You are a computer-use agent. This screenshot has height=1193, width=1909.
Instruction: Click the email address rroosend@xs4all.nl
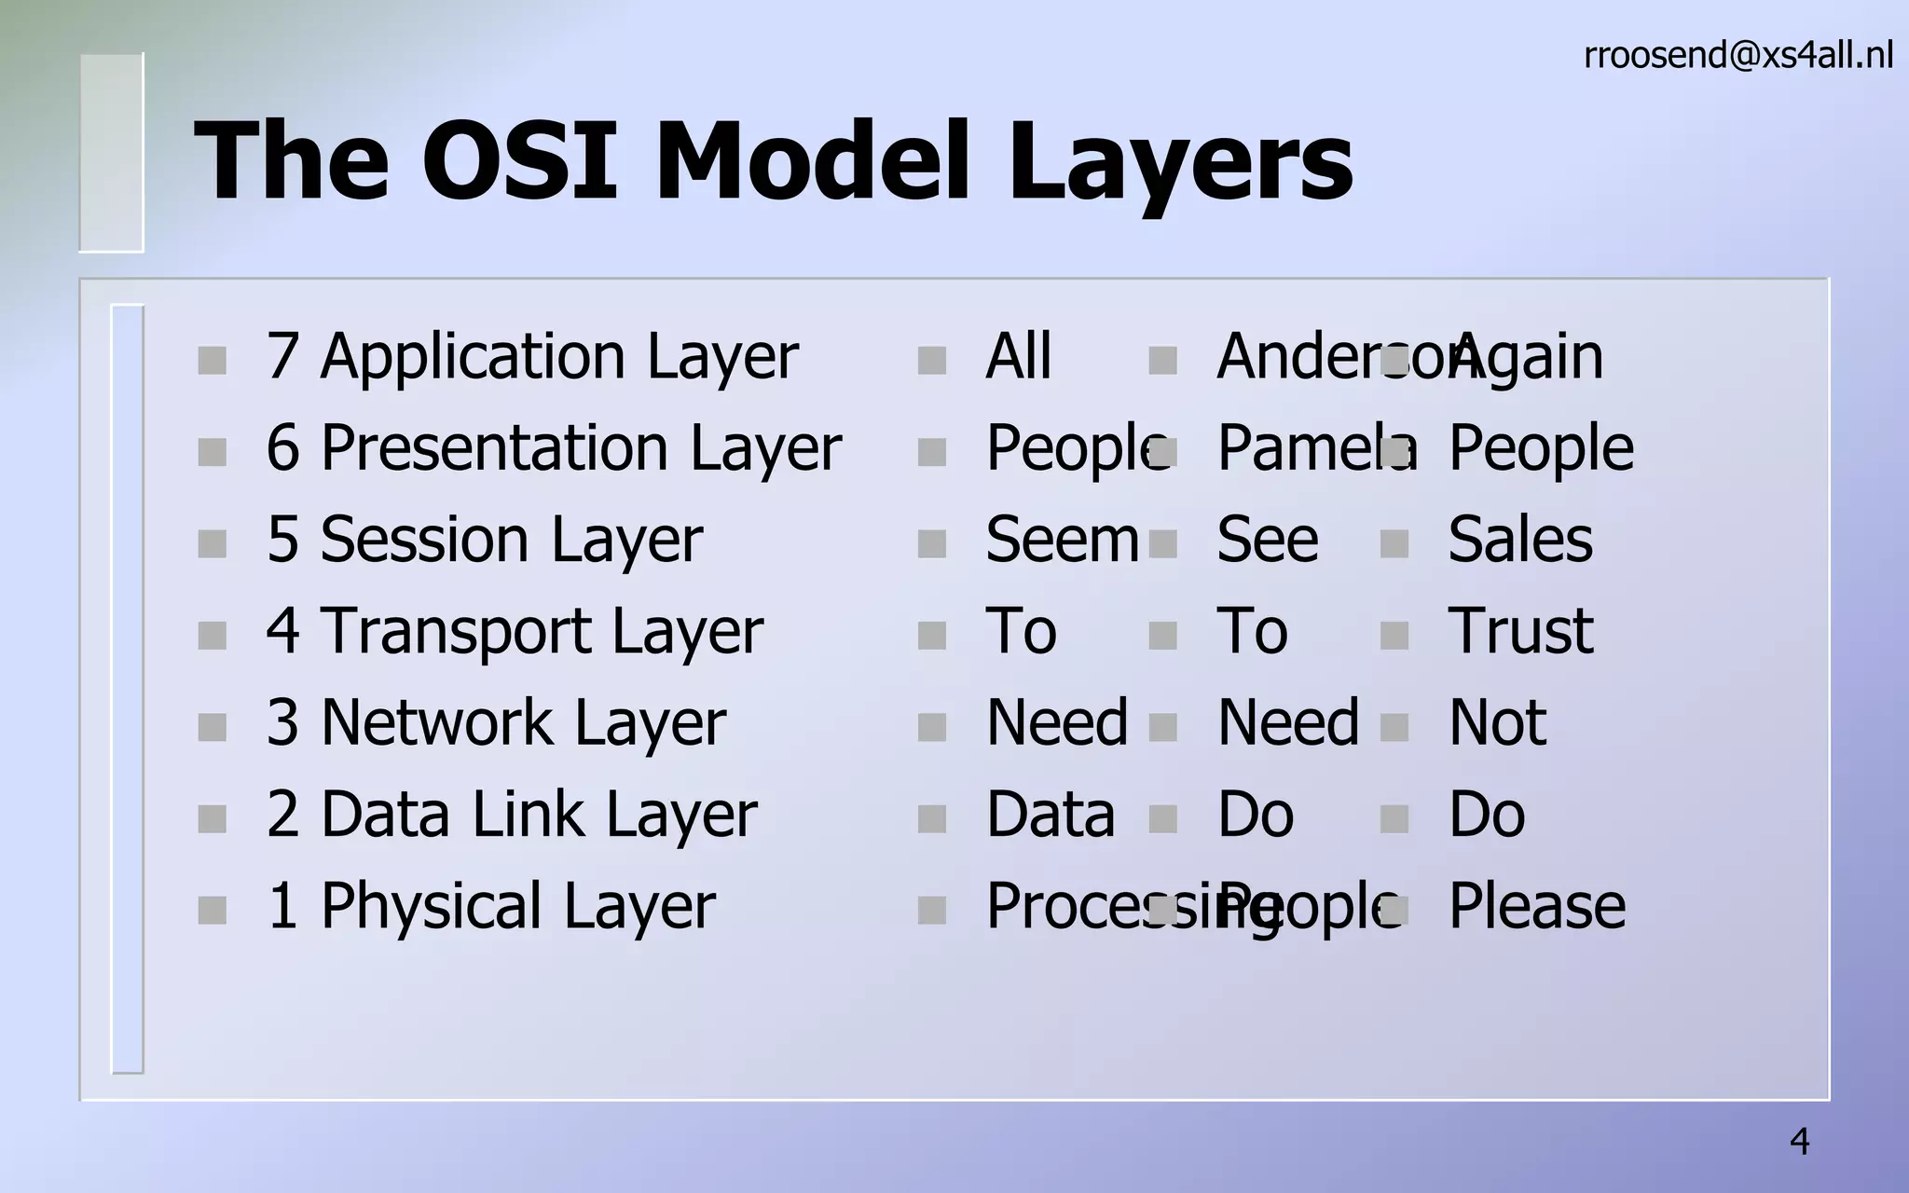1737,56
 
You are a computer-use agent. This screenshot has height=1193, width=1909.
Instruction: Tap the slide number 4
1800,1142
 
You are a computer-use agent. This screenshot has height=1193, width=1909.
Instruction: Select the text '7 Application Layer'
531,357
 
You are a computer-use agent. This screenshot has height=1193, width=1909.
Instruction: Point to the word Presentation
495,448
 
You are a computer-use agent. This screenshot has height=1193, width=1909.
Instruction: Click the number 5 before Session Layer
282,540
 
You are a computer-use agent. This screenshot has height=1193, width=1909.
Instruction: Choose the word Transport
456,631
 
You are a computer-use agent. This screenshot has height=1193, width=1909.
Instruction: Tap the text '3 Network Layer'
495,723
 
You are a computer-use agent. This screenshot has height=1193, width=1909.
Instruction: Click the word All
1018,357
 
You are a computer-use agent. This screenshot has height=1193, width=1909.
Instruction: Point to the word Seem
1062,540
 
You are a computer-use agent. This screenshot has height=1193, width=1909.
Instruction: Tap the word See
1268,540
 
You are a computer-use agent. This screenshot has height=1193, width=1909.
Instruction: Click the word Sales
1520,540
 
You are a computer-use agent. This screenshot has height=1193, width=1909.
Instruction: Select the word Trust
1520,631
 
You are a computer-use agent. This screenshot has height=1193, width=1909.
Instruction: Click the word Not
1497,723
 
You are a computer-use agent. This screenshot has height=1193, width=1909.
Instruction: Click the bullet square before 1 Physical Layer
213,910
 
